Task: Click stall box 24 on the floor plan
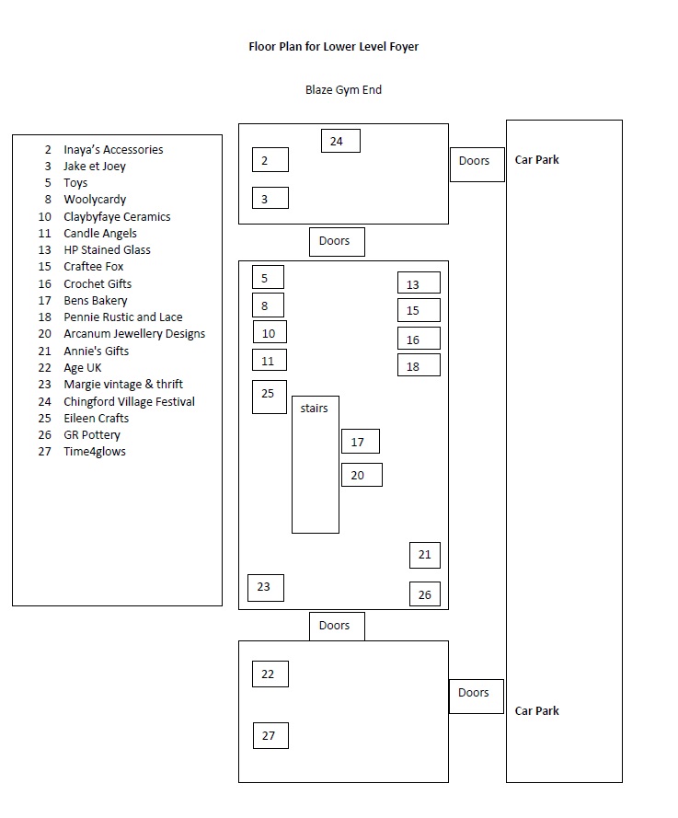click(340, 141)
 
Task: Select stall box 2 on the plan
click(270, 160)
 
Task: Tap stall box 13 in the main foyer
click(419, 283)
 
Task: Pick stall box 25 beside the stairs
click(270, 396)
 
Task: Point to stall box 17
click(360, 442)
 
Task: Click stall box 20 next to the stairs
click(362, 475)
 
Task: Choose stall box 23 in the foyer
click(265, 587)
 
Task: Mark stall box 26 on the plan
click(425, 593)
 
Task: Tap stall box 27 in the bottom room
click(270, 735)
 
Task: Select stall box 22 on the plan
click(270, 674)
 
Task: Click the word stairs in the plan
click(315, 409)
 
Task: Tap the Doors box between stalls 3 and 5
click(336, 242)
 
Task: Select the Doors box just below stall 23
click(336, 626)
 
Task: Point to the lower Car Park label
click(537, 710)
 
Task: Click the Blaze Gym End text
click(343, 90)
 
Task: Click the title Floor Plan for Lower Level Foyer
click(333, 46)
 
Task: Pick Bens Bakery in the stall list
click(96, 300)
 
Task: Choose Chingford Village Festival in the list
click(129, 401)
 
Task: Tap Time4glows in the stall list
click(95, 451)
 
